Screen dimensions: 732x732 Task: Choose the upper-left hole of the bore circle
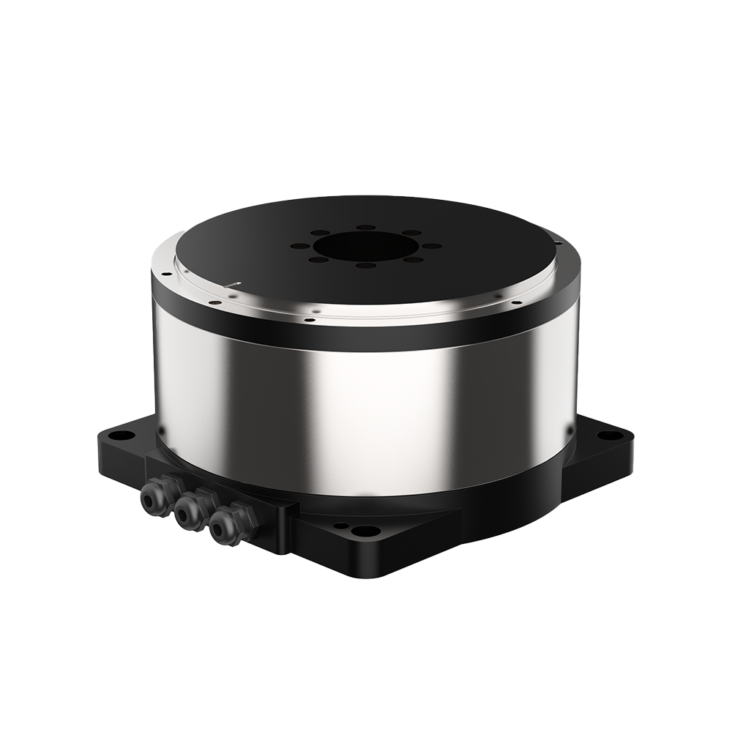pyautogui.click(x=318, y=234)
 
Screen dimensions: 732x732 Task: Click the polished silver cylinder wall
pyautogui.click(x=366, y=410)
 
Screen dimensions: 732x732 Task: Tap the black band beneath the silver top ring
pyautogui.click(x=366, y=338)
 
